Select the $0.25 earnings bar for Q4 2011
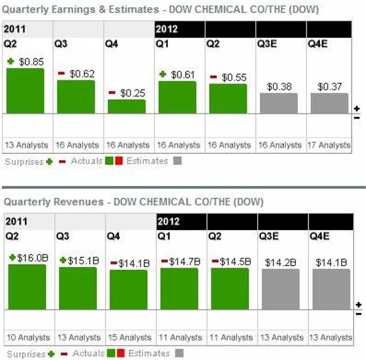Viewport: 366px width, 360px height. [x=126, y=106]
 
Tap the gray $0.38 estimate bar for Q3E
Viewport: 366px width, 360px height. [x=279, y=103]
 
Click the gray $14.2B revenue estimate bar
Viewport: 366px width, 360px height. [x=280, y=289]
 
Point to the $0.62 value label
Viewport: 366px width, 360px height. [x=82, y=74]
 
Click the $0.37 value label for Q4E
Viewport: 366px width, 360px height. [x=330, y=86]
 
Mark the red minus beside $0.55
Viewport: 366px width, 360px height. [x=213, y=77]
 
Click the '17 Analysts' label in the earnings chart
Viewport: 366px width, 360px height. [x=329, y=145]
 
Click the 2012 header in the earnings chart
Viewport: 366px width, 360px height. [x=166, y=28]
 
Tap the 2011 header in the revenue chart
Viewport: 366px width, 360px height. [x=15, y=221]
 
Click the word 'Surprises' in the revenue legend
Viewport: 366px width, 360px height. [x=25, y=354]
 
